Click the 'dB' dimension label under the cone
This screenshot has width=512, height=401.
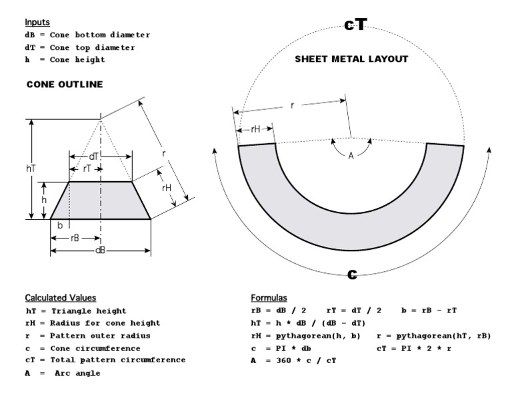click(101, 250)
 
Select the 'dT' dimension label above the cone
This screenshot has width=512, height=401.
click(95, 156)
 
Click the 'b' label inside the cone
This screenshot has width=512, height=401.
click(60, 226)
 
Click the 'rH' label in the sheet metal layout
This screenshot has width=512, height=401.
click(255, 129)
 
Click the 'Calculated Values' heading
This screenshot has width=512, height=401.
click(61, 297)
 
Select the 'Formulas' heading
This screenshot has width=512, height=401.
click(269, 297)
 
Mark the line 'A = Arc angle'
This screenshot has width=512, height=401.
click(64, 372)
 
